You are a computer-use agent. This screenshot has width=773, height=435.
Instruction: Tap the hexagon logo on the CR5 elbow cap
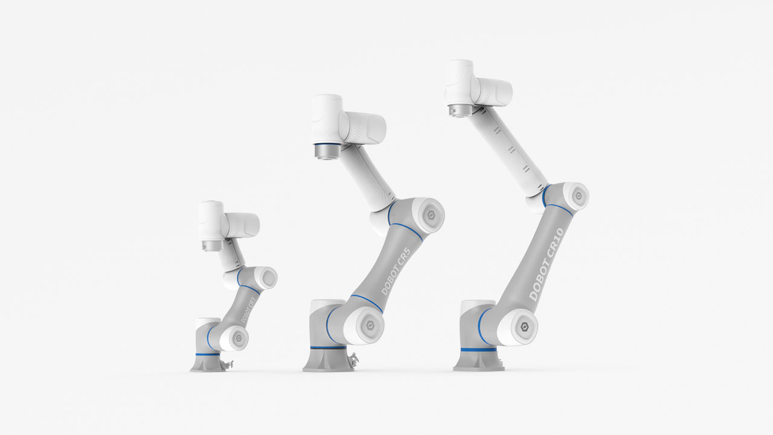[x=429, y=214]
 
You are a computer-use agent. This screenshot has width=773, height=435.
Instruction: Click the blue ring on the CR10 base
[x=478, y=349]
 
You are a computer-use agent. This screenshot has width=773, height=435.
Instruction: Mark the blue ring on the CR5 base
[x=324, y=349]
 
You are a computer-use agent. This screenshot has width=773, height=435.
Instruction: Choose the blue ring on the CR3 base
[x=207, y=355]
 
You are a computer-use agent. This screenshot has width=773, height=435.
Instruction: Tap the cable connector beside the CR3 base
[x=228, y=364]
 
